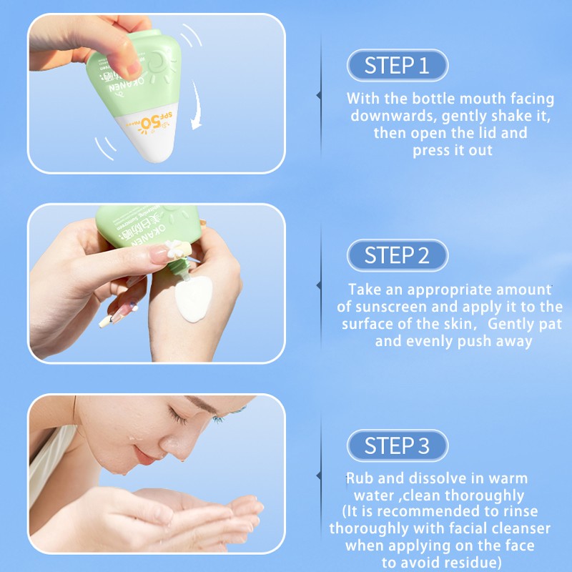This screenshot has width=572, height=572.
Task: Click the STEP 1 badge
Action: click(397, 66)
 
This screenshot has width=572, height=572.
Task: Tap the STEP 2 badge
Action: click(397, 255)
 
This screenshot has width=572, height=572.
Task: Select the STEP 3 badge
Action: click(397, 445)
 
